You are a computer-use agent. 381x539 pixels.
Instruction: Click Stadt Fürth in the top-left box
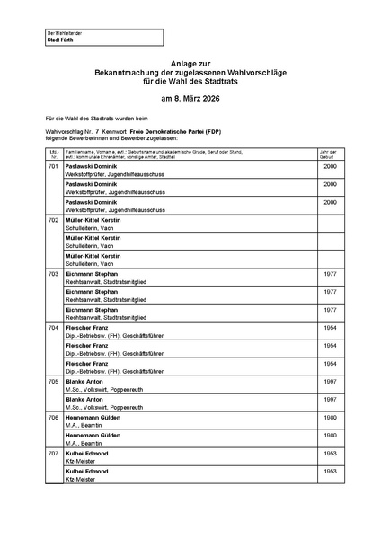coord(60,40)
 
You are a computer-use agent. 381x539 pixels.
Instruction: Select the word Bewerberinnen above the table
coord(94,137)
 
